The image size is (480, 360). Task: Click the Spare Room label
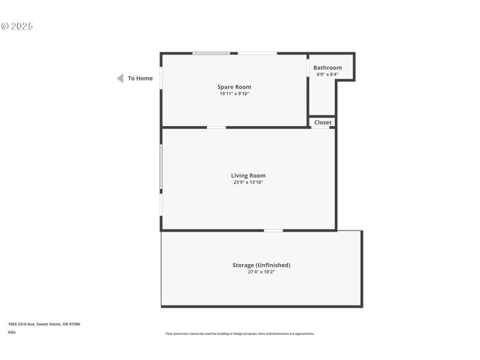(234, 87)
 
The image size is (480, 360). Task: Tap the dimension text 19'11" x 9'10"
(234, 94)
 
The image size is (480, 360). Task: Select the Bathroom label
(328, 68)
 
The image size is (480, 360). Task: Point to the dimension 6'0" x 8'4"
(328, 74)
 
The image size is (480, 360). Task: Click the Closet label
(323, 122)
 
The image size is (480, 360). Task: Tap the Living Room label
(248, 176)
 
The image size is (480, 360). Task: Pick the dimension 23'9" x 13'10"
(248, 182)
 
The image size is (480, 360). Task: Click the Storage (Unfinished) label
(262, 265)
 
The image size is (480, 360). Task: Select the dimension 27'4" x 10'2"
(262, 272)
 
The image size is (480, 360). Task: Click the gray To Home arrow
(120, 79)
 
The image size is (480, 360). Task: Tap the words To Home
(140, 79)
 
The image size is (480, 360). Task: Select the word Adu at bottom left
(11, 332)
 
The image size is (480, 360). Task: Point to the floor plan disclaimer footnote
(240, 334)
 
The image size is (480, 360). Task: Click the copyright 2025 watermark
(17, 26)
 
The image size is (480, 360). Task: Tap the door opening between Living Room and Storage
(273, 230)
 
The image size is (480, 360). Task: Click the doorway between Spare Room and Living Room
(216, 127)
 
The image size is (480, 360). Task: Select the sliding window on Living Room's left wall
(161, 166)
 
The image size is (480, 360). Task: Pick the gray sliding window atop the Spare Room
(211, 53)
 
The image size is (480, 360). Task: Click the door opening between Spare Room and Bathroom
(308, 68)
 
